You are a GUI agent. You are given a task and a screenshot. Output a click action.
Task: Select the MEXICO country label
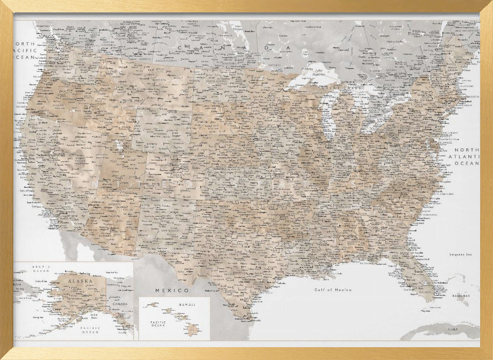(172, 290)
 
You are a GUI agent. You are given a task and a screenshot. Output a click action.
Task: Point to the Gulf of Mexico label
(334, 290)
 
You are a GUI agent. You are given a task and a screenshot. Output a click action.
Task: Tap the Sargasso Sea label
(460, 254)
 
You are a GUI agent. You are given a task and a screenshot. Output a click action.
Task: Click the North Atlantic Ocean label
(466, 156)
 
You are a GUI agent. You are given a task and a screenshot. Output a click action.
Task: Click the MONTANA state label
(160, 80)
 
